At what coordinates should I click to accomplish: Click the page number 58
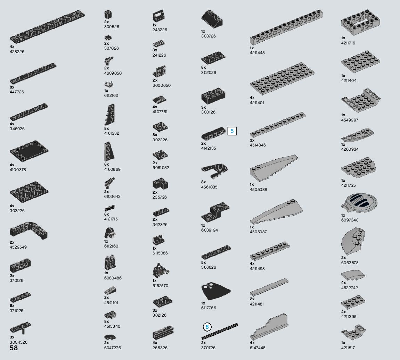(x=14, y=348)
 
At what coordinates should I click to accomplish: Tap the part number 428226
(x=17, y=51)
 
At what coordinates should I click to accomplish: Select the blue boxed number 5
(x=232, y=131)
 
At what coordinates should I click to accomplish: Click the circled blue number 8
(x=207, y=327)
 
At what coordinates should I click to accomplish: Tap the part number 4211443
(x=257, y=53)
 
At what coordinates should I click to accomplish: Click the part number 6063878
(x=350, y=262)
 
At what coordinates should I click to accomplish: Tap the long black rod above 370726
(x=220, y=331)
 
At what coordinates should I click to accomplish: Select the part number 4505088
(x=258, y=190)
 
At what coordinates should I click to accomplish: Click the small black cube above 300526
(x=107, y=14)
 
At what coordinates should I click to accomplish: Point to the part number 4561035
(x=209, y=187)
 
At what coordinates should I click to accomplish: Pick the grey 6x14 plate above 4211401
(x=282, y=79)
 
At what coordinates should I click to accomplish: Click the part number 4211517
(x=349, y=348)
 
